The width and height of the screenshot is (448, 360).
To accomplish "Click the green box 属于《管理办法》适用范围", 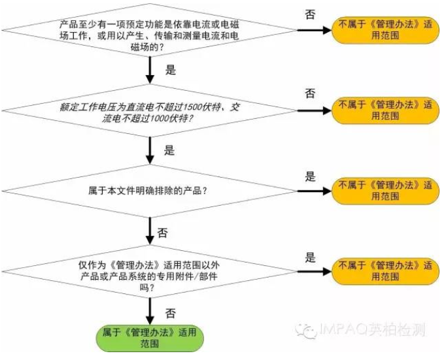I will pyautogui.click(x=150, y=337).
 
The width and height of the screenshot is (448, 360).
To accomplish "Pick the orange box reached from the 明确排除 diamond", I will pyautogui.click(x=384, y=191).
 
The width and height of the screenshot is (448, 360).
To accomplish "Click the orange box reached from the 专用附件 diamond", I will pyautogui.click(x=384, y=271).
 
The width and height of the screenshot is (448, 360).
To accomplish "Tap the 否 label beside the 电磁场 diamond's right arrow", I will pyautogui.click(x=311, y=14).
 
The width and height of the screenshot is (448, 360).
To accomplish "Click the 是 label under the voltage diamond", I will pyautogui.click(x=169, y=151).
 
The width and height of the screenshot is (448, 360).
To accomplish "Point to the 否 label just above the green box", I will pyautogui.click(x=170, y=313).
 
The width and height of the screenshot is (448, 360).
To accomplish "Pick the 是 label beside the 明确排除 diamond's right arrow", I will pyautogui.click(x=311, y=176).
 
